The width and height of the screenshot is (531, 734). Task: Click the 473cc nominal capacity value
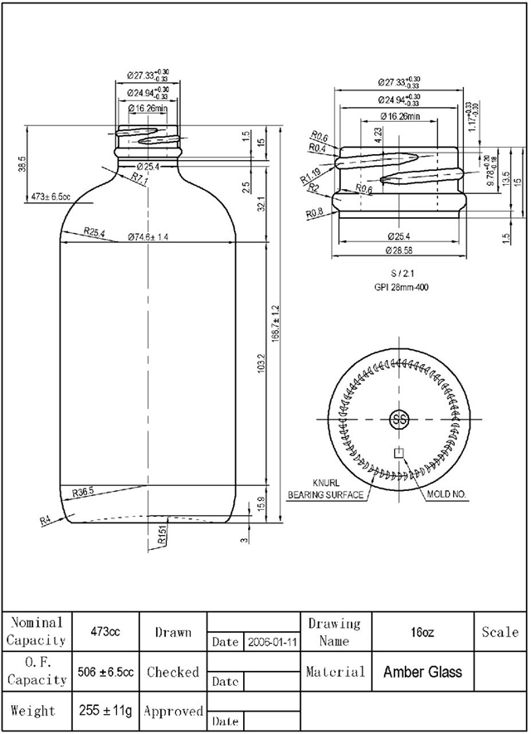[x=105, y=632]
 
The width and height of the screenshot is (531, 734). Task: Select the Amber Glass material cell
[x=422, y=672]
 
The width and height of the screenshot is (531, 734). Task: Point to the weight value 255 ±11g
[x=105, y=711]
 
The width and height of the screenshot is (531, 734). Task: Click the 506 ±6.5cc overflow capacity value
[x=105, y=672]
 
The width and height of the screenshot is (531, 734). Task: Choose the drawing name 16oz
[x=421, y=632]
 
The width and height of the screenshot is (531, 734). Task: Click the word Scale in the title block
[x=500, y=632]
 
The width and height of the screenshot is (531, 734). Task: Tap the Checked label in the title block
[x=173, y=672]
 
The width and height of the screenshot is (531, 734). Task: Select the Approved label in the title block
[x=173, y=711]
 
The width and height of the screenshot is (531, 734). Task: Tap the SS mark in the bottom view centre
[x=399, y=419]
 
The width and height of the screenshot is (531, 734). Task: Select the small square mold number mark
[x=399, y=453]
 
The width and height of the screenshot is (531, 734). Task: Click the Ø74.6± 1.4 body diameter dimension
[x=149, y=237]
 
